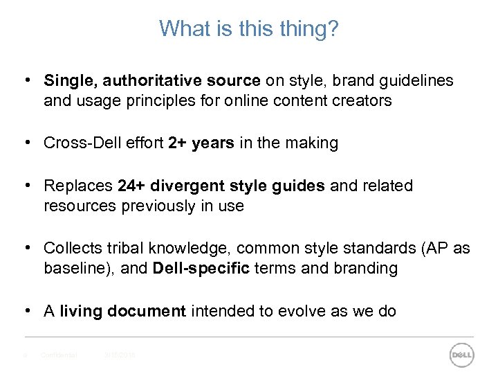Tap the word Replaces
click(78, 186)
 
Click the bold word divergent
click(187, 186)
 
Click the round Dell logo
click(461, 355)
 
